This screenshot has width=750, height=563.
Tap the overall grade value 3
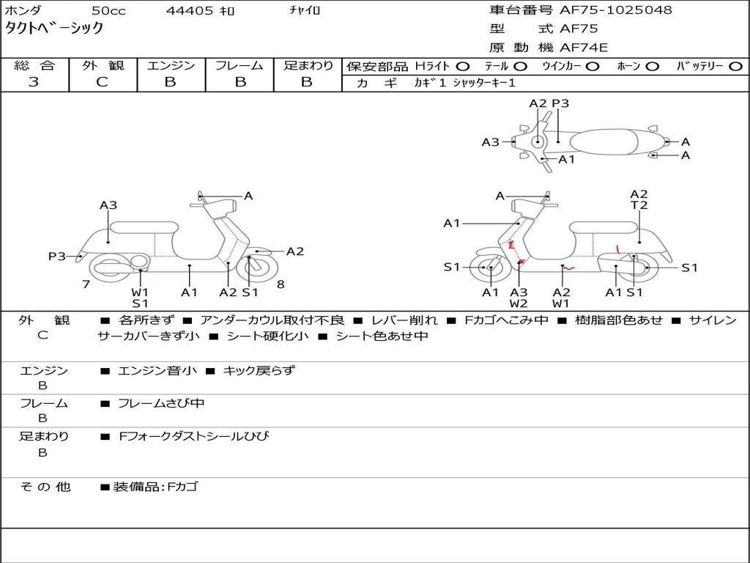(x=34, y=82)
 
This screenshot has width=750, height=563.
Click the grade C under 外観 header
(x=102, y=82)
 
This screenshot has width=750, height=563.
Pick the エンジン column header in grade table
(x=171, y=65)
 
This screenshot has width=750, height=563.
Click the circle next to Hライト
(x=463, y=66)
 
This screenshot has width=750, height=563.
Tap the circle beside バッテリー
(x=735, y=66)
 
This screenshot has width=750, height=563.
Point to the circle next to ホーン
(x=653, y=66)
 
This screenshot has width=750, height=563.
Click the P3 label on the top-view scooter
(x=560, y=103)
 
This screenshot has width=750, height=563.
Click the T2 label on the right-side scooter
(x=639, y=206)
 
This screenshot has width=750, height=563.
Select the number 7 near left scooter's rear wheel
(x=86, y=284)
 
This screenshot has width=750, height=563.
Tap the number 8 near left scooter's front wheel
(x=281, y=284)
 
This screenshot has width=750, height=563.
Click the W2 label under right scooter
(x=519, y=303)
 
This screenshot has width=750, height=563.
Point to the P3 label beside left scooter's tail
(x=57, y=256)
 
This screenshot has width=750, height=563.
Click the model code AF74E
(x=584, y=48)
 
